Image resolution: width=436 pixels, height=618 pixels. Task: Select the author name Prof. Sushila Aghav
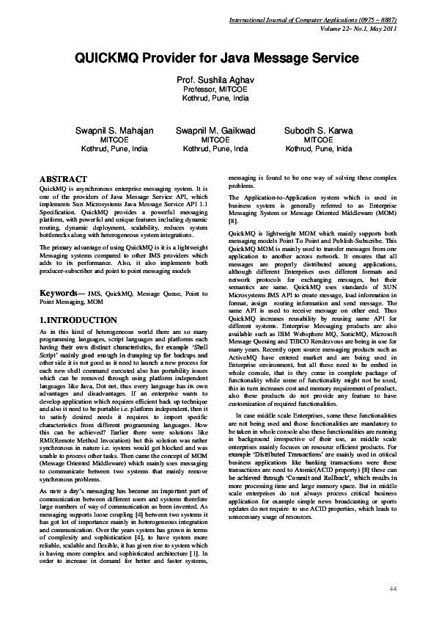tap(218, 79)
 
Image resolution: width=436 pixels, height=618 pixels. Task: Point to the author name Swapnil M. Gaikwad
tap(215, 130)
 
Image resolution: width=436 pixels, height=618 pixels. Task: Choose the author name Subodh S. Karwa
tap(318, 130)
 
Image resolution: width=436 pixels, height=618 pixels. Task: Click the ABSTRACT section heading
tap(63, 179)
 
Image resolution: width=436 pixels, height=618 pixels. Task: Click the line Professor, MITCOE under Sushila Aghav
tap(218, 88)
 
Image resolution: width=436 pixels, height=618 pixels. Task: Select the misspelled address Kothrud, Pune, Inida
tap(318, 148)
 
